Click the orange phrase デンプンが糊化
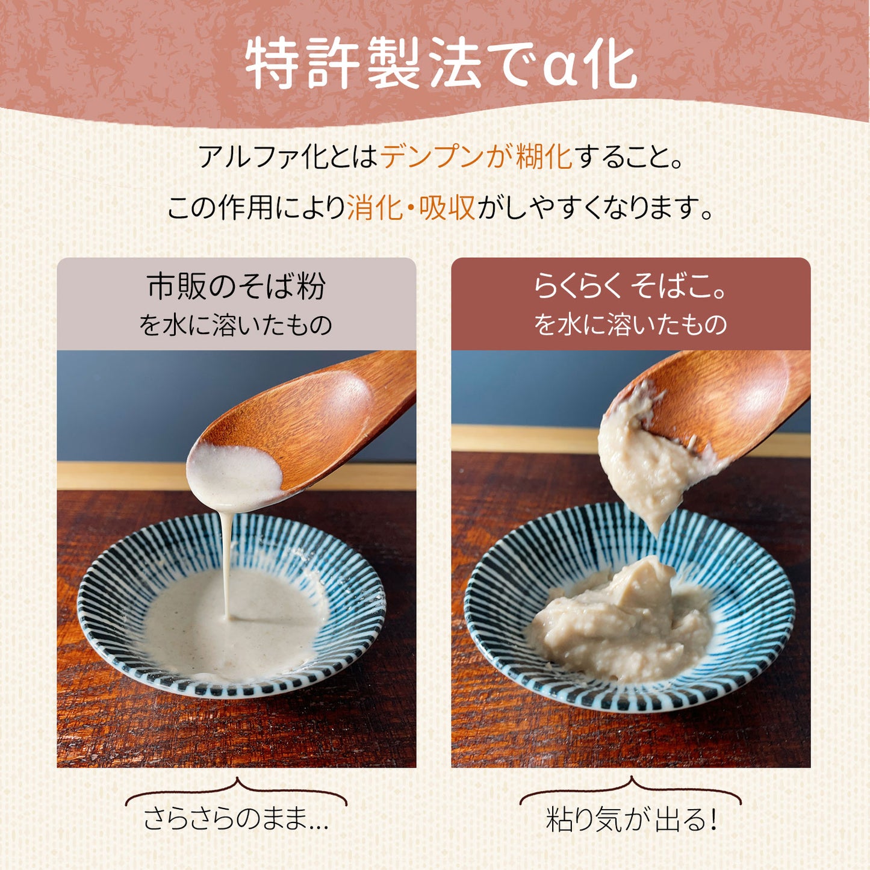476,157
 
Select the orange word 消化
374,208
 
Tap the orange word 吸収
447,208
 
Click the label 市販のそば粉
237,286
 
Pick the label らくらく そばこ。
630,286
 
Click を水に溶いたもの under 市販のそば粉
236,325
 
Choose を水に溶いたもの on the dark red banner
630,325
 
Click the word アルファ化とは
288,157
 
